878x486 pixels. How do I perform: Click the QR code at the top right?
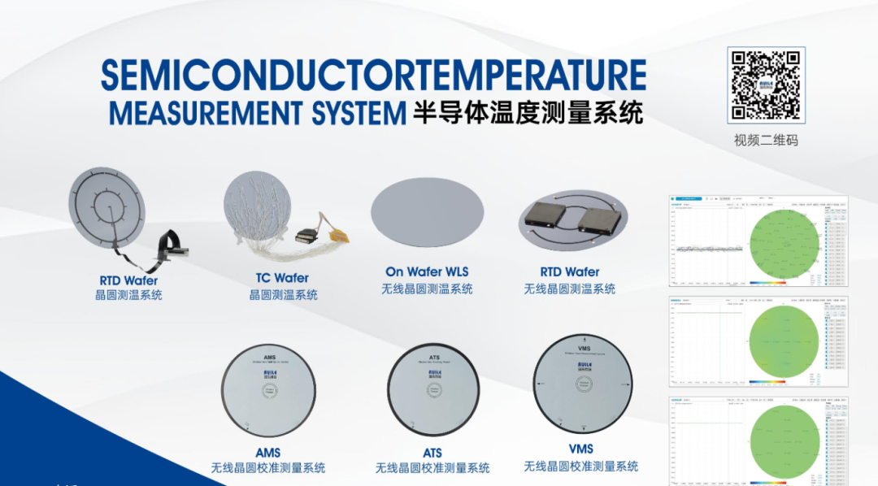coord(766,84)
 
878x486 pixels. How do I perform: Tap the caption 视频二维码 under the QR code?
coord(766,140)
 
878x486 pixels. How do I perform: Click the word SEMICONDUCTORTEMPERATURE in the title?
coord(373,76)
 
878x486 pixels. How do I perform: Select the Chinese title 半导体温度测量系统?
coord(528,112)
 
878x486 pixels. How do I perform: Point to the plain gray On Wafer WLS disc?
coord(428,210)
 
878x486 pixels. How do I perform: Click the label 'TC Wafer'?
coord(282,278)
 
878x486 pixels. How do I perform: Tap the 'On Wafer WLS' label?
coord(427,272)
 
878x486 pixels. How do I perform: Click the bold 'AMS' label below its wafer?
coord(267,453)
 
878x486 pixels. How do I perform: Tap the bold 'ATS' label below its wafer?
coord(432,453)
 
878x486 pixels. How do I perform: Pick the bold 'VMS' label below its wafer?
coord(581,449)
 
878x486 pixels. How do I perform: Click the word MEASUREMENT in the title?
coord(257,113)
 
